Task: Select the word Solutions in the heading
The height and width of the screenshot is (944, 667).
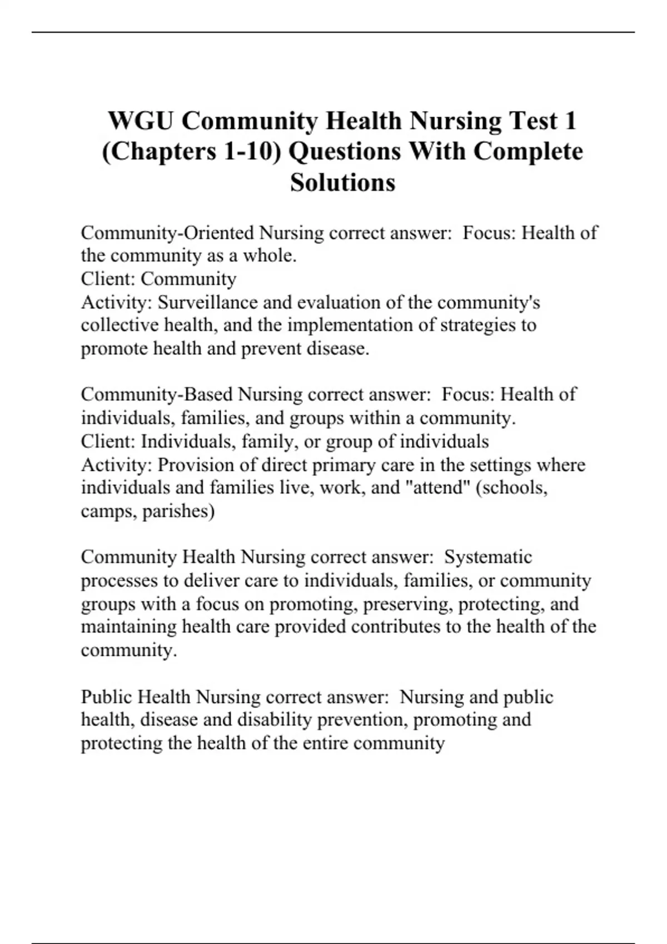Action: (342, 182)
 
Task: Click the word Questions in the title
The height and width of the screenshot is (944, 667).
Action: (349, 151)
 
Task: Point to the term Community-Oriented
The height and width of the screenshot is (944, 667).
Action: (167, 232)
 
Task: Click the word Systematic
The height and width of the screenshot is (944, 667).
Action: (488, 557)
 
